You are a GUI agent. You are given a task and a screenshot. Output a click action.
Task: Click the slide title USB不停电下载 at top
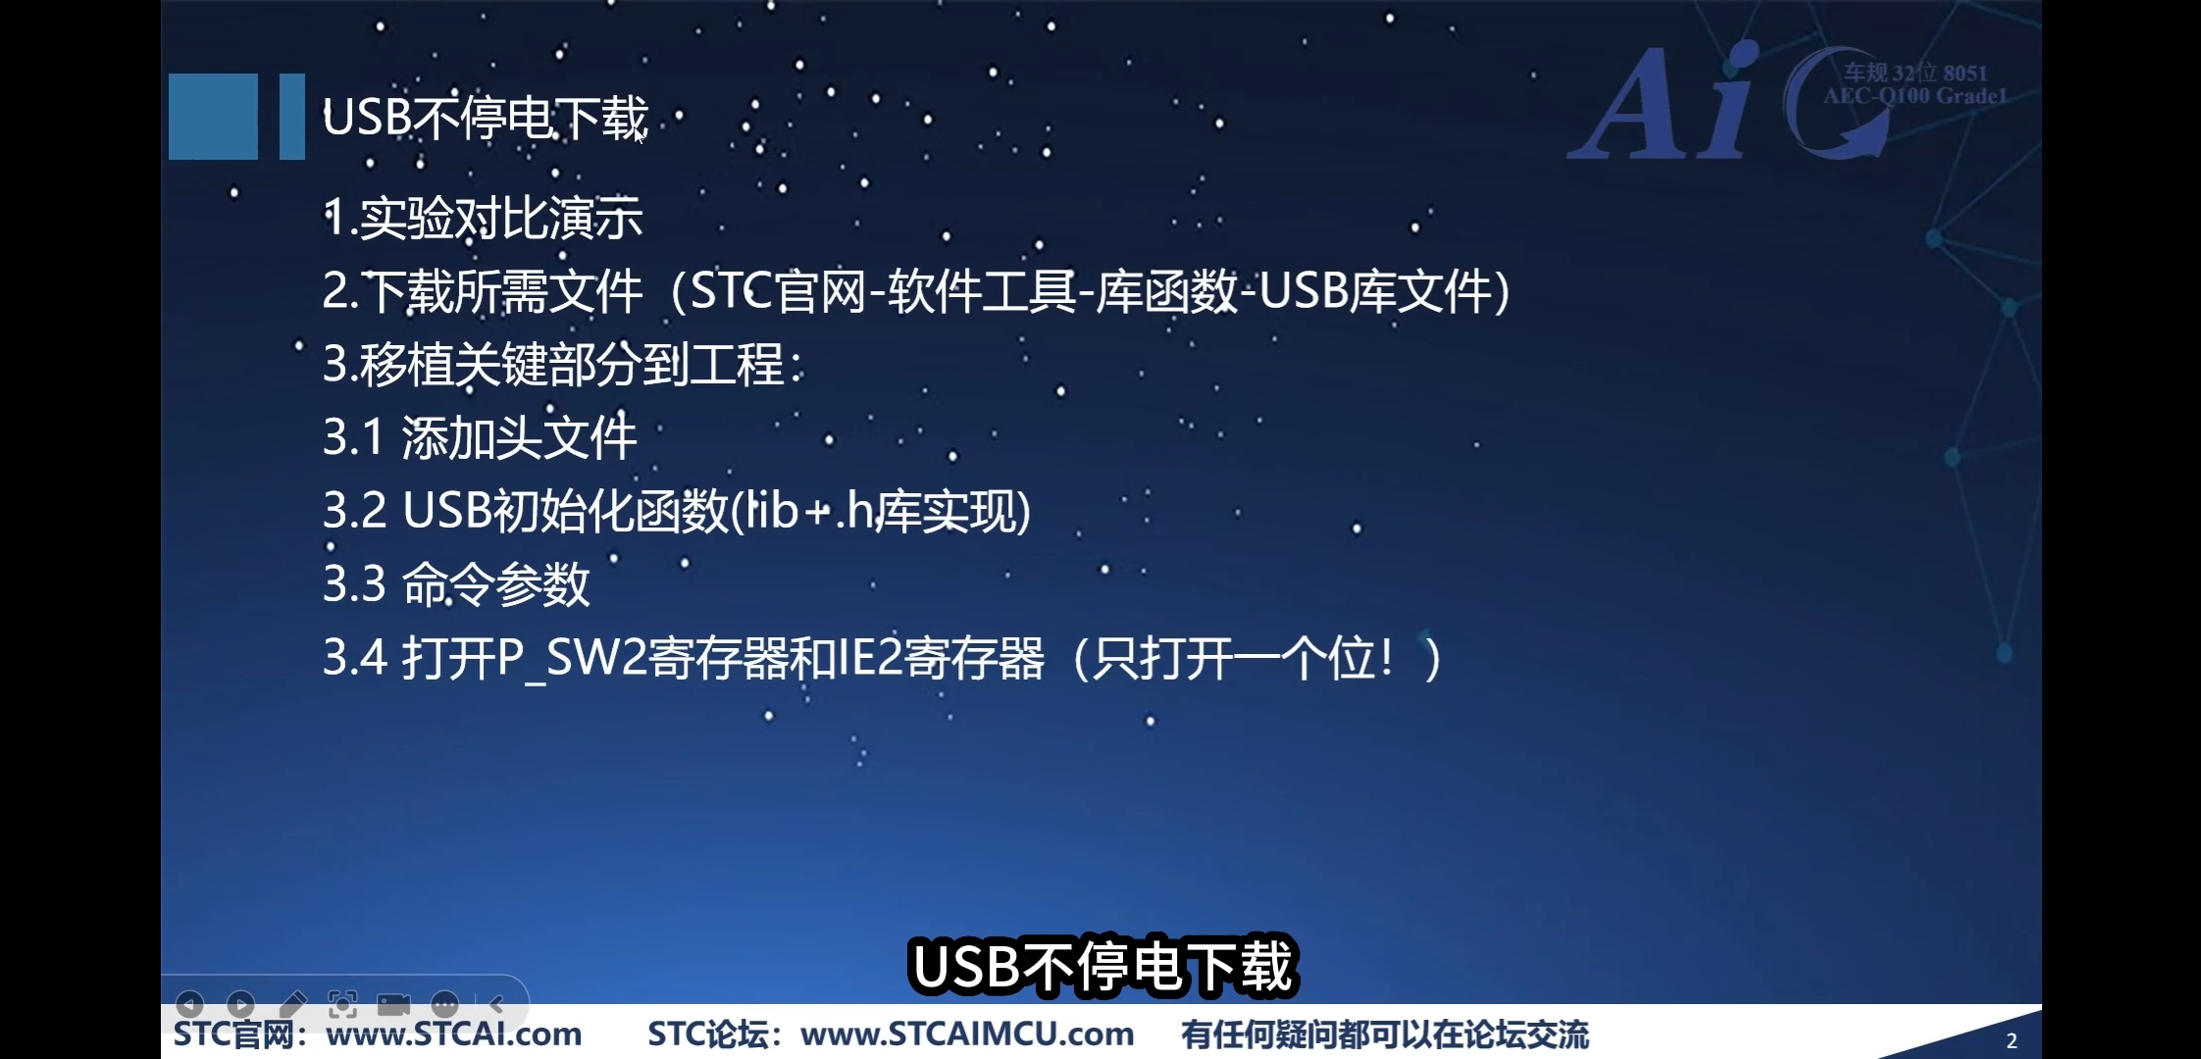pyautogui.click(x=486, y=118)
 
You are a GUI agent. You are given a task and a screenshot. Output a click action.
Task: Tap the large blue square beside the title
pyautogui.click(x=213, y=116)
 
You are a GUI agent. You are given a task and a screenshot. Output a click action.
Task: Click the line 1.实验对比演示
pyautogui.click(x=483, y=218)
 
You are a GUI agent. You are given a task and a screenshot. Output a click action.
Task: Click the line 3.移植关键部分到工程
pyautogui.click(x=563, y=365)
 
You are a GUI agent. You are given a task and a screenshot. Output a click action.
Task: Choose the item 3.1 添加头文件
pyautogui.click(x=480, y=437)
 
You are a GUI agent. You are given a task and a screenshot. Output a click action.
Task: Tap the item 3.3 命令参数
pyautogui.click(x=456, y=584)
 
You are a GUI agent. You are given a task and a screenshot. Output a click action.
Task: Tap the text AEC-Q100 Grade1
pyautogui.click(x=1916, y=96)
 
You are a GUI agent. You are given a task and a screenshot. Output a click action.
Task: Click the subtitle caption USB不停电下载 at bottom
pyautogui.click(x=1102, y=967)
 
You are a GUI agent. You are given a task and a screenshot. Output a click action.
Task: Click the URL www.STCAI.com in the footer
pyautogui.click(x=454, y=1034)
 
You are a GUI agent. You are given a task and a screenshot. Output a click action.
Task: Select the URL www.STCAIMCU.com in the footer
pyautogui.click(x=967, y=1034)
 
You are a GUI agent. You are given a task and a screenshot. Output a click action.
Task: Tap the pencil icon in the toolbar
pyautogui.click(x=291, y=1004)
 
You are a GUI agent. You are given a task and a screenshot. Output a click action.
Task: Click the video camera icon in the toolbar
pyautogui.click(x=393, y=1004)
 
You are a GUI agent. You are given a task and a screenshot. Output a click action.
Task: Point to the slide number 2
pyautogui.click(x=2012, y=1041)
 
